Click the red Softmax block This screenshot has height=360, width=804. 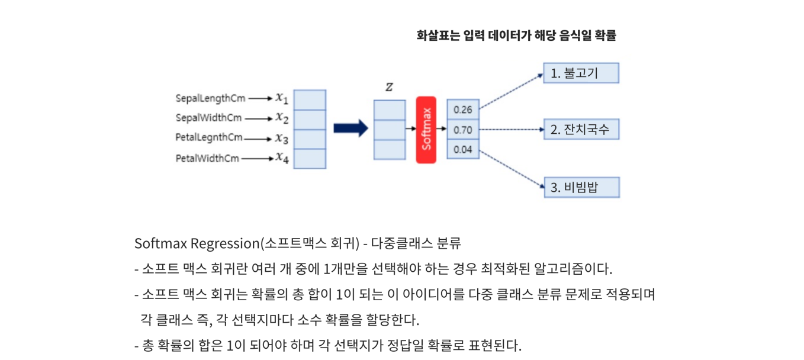[x=426, y=130]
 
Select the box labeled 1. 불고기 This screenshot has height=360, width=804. [x=581, y=73]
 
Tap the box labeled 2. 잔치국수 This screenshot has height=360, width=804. [x=581, y=129]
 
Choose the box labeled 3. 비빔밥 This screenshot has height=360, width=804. [x=581, y=187]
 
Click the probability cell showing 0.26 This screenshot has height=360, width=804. [x=463, y=110]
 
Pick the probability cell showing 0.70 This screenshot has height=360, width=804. [x=463, y=130]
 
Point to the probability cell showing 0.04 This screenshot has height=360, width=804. [x=463, y=149]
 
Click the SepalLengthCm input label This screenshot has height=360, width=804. [x=210, y=98]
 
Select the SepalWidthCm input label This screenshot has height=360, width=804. [x=208, y=118]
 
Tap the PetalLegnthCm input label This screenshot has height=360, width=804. [x=209, y=138]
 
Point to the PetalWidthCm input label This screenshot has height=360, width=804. [x=207, y=158]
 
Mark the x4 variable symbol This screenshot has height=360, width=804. [x=282, y=158]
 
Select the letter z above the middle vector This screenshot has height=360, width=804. [x=389, y=87]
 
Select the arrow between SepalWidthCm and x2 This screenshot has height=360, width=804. [x=259, y=118]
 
